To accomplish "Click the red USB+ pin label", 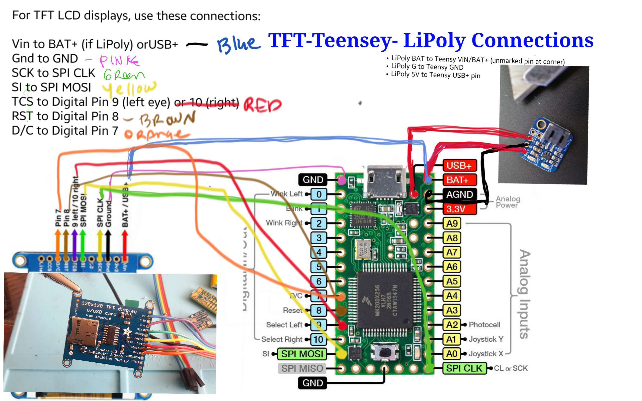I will click(x=459, y=165).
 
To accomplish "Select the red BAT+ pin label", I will click(x=459, y=180).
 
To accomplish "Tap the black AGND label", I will click(x=459, y=194).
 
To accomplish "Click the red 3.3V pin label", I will click(x=459, y=209).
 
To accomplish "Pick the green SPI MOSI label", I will click(x=302, y=354).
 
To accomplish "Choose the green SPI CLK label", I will click(x=464, y=368).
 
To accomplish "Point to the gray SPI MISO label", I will click(x=302, y=369).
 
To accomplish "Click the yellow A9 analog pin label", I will click(x=452, y=224).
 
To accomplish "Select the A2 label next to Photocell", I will click(x=452, y=325).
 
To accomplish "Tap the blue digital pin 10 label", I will click(x=318, y=339).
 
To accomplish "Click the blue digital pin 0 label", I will click(x=318, y=194).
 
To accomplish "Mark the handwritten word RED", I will click(x=262, y=105).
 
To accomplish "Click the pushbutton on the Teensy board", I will click(x=385, y=353).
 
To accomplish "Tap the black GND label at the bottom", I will click(x=312, y=383).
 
